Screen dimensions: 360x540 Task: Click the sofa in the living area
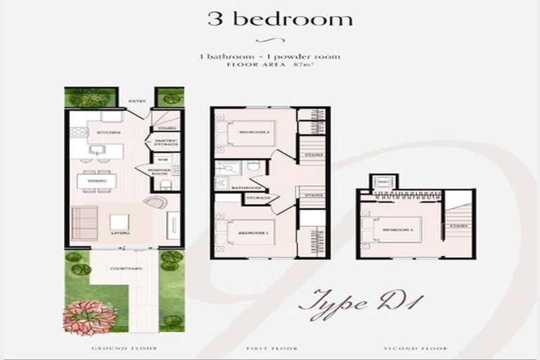pyautogui.click(x=84, y=223)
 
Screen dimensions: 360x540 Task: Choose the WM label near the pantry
pyautogui.click(x=160, y=160)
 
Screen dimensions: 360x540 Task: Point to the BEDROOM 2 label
pyautogui.click(x=251, y=132)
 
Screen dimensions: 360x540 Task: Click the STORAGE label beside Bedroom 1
pyautogui.click(x=257, y=199)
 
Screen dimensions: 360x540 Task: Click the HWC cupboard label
pyautogui.click(x=383, y=182)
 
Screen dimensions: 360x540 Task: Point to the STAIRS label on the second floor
pyautogui.click(x=458, y=226)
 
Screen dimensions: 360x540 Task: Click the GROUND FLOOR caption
pyautogui.click(x=124, y=348)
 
